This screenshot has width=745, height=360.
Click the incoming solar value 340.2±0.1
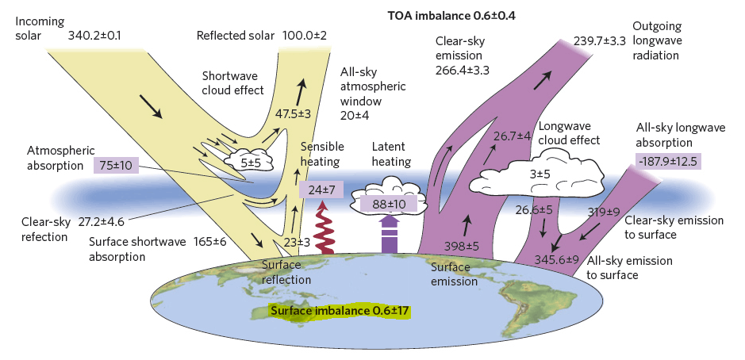[x=94, y=36]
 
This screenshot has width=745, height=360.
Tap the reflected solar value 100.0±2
[x=305, y=36]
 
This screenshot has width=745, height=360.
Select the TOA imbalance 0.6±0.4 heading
[x=452, y=16]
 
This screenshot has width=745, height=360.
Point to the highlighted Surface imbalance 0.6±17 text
[x=340, y=311]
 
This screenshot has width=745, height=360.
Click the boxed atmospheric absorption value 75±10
[x=116, y=165]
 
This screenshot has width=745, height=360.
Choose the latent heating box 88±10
[x=389, y=205]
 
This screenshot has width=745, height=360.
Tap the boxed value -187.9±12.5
[x=668, y=161]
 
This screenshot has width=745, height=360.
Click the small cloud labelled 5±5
[x=249, y=160]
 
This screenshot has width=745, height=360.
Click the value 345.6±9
[x=557, y=259]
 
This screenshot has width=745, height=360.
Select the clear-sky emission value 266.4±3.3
[x=463, y=71]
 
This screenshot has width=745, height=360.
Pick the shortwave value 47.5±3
[x=293, y=113]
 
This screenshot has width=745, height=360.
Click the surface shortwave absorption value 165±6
[x=210, y=242]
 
